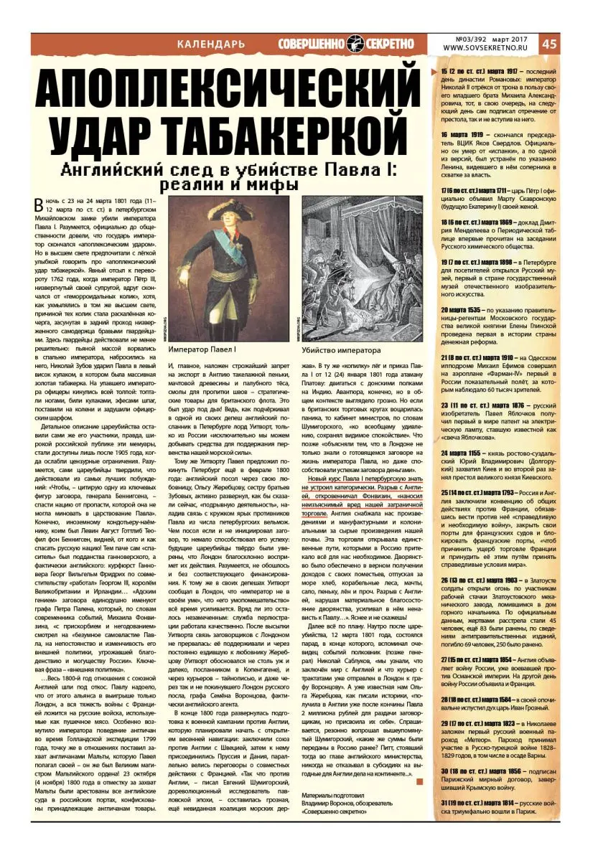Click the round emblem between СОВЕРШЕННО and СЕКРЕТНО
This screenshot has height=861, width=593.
(357, 43)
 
